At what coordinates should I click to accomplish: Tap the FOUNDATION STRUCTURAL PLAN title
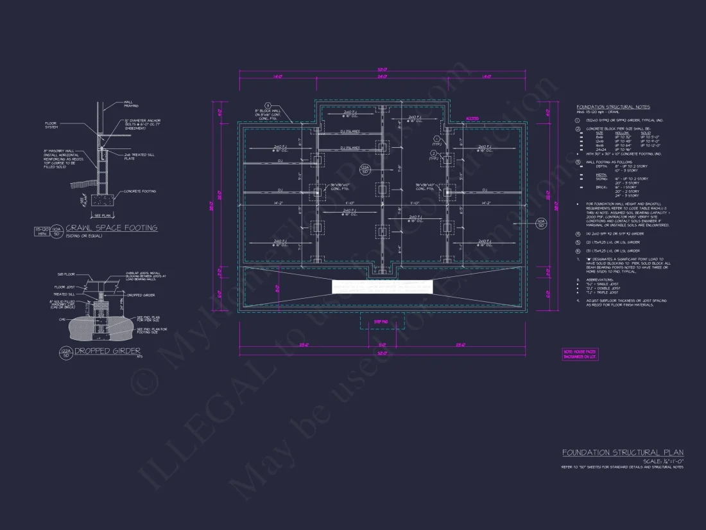click(622, 453)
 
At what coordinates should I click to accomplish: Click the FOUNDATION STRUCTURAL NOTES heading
click(613, 107)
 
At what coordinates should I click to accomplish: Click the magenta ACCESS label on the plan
click(472, 119)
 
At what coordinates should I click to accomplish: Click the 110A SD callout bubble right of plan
click(540, 223)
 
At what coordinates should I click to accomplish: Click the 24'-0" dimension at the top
click(383, 76)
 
